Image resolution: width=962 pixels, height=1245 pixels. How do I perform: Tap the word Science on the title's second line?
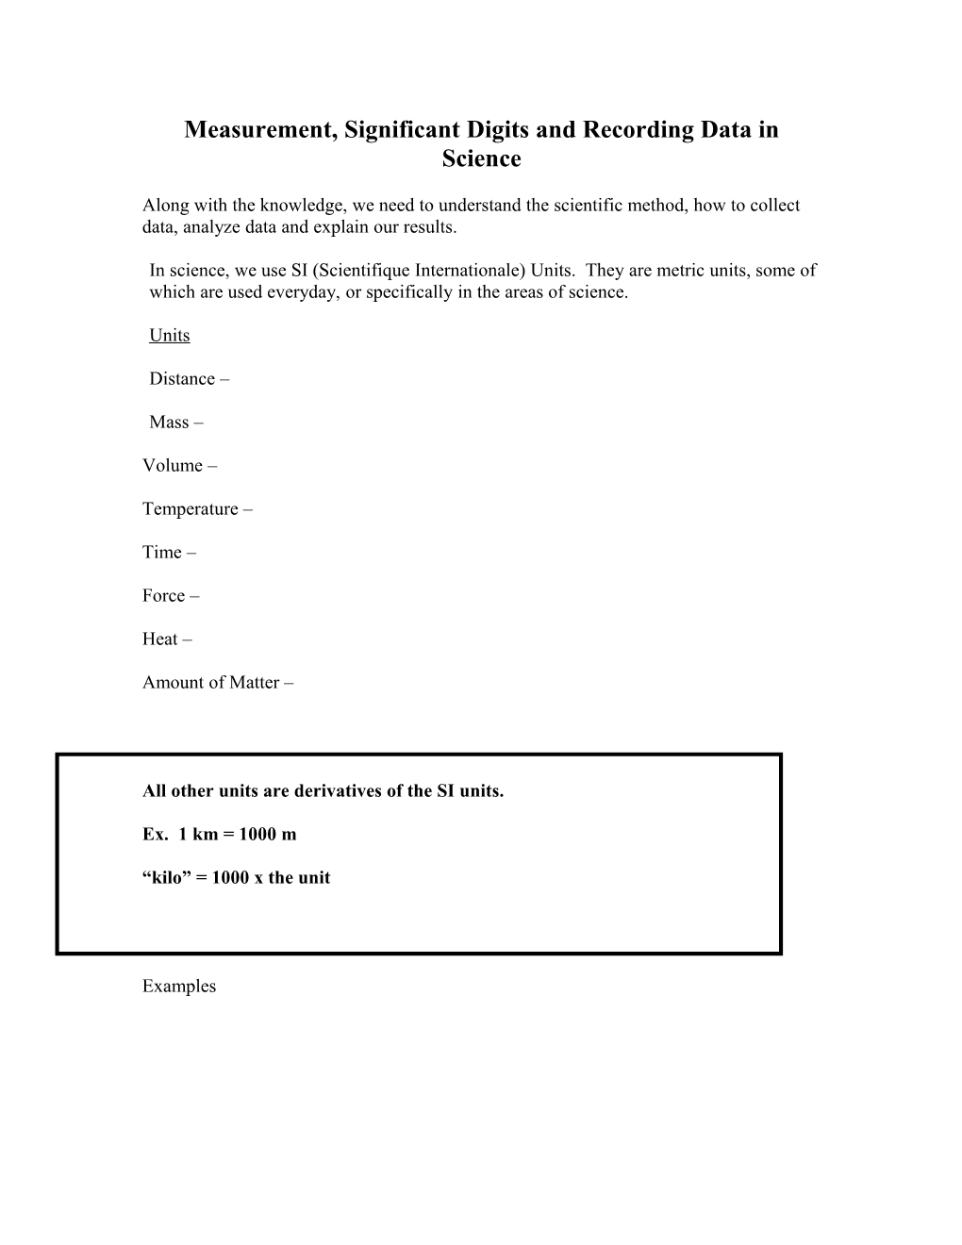481,159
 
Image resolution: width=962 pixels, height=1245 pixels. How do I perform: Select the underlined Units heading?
170,336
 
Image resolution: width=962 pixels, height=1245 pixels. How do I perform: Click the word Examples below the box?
179,987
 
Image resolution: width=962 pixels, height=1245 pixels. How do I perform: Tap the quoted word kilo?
167,878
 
